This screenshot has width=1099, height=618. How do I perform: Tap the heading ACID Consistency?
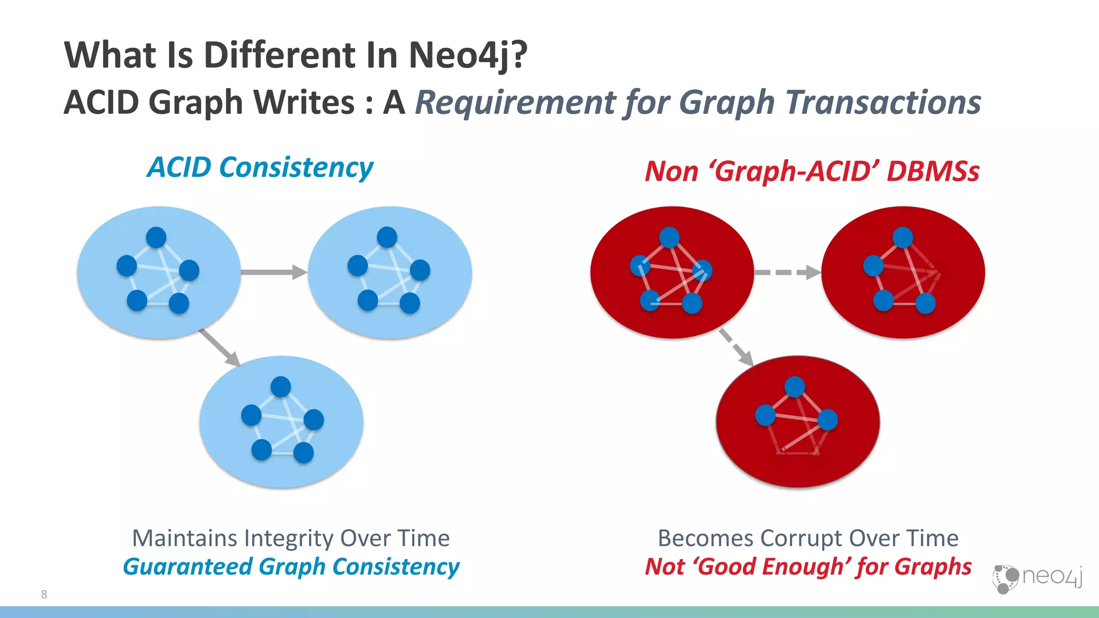click(x=260, y=167)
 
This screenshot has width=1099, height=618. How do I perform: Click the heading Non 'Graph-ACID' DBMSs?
click(x=812, y=172)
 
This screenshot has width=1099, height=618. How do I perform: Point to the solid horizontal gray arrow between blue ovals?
click(x=274, y=272)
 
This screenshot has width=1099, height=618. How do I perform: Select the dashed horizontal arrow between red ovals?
click(x=787, y=273)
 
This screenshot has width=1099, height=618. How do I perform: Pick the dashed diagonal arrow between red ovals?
click(x=736, y=347)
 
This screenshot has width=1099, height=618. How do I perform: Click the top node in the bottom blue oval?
click(x=281, y=387)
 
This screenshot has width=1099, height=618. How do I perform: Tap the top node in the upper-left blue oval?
click(x=156, y=237)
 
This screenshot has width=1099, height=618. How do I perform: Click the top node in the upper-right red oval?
click(x=903, y=237)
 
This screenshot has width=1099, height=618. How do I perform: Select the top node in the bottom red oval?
click(x=795, y=387)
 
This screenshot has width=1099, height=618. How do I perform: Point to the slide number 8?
click(x=44, y=594)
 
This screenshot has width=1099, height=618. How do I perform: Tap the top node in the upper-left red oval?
click(x=669, y=237)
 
